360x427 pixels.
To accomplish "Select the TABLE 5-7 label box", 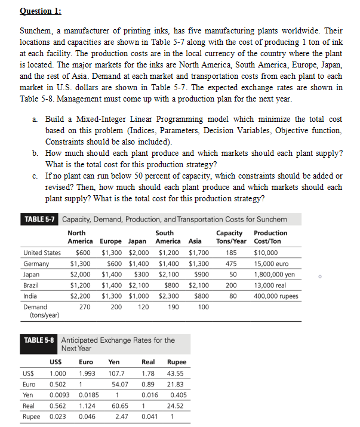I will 39,219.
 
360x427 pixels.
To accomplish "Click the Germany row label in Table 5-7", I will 36,263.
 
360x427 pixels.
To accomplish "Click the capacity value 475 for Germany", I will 233,263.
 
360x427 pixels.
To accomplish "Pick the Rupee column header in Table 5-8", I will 176,362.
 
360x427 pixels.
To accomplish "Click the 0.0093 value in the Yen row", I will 59,394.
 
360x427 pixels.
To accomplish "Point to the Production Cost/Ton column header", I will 270,237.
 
